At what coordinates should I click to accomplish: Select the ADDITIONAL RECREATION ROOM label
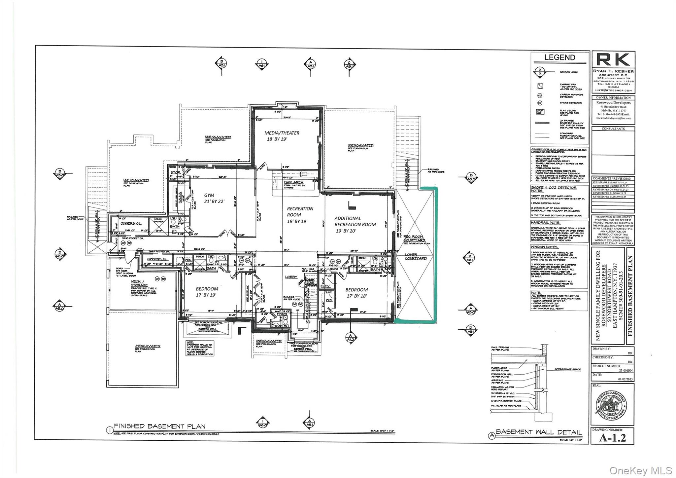click(x=355, y=224)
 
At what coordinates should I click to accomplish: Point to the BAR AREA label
click(x=293, y=182)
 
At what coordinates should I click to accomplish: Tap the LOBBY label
click(x=291, y=277)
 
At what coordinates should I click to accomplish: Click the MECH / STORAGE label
click(x=139, y=283)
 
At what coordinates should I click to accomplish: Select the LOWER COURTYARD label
click(x=416, y=256)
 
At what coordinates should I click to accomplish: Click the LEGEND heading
click(x=559, y=57)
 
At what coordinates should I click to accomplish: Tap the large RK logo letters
click(x=613, y=60)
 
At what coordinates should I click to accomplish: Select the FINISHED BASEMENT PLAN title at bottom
click(x=160, y=426)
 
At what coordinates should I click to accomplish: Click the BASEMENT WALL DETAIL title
click(x=539, y=432)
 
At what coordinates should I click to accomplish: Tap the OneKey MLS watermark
click(x=640, y=470)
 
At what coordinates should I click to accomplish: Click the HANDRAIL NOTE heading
click(x=545, y=223)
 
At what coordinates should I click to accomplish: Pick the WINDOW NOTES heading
click(x=544, y=247)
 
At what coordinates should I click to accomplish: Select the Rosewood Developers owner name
click(x=613, y=103)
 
